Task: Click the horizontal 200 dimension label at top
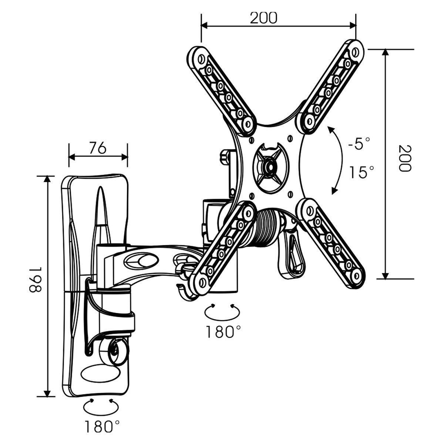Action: (263, 17)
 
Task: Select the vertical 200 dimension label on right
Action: (405, 158)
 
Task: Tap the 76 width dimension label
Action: (98, 148)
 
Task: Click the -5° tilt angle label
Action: (359, 144)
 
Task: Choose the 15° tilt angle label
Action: (362, 172)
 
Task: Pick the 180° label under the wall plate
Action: (102, 427)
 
